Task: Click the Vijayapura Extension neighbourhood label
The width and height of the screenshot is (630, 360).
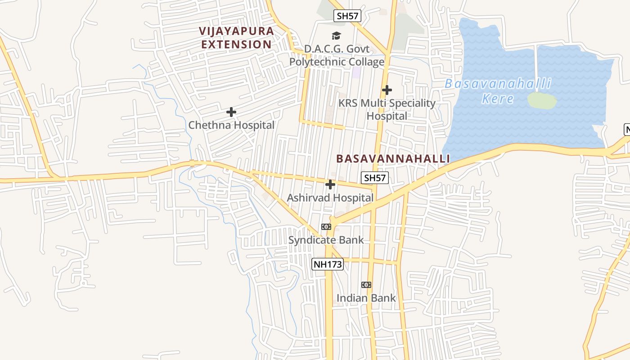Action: (x=237, y=38)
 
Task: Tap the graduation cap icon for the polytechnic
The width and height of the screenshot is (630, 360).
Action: (x=336, y=36)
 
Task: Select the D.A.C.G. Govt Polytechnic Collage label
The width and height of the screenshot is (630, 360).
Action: (x=337, y=55)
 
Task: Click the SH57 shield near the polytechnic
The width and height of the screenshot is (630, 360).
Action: (x=347, y=16)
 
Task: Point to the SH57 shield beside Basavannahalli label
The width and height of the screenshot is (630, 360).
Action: (x=375, y=178)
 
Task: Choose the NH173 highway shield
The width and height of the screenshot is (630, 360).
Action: (x=327, y=264)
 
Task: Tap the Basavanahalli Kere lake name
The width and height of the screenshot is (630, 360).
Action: (x=498, y=91)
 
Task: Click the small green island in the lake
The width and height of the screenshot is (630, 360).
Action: (x=542, y=100)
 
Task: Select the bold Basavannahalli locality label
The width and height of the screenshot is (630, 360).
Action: (x=393, y=159)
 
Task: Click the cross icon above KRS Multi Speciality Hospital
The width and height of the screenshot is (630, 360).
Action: (x=387, y=90)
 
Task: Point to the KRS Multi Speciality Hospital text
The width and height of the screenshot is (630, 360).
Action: (x=387, y=109)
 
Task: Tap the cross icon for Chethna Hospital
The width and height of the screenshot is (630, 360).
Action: (x=231, y=112)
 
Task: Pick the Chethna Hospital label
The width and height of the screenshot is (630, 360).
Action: (x=231, y=125)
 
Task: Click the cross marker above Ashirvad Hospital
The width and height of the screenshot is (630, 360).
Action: (x=330, y=184)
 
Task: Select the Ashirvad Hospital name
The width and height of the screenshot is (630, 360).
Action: (x=330, y=198)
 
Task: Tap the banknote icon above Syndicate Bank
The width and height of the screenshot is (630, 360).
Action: (x=326, y=227)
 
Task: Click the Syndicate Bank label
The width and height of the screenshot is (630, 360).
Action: (x=326, y=240)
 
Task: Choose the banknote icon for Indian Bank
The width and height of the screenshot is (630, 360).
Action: (x=366, y=285)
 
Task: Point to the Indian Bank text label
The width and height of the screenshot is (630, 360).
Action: (x=366, y=298)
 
